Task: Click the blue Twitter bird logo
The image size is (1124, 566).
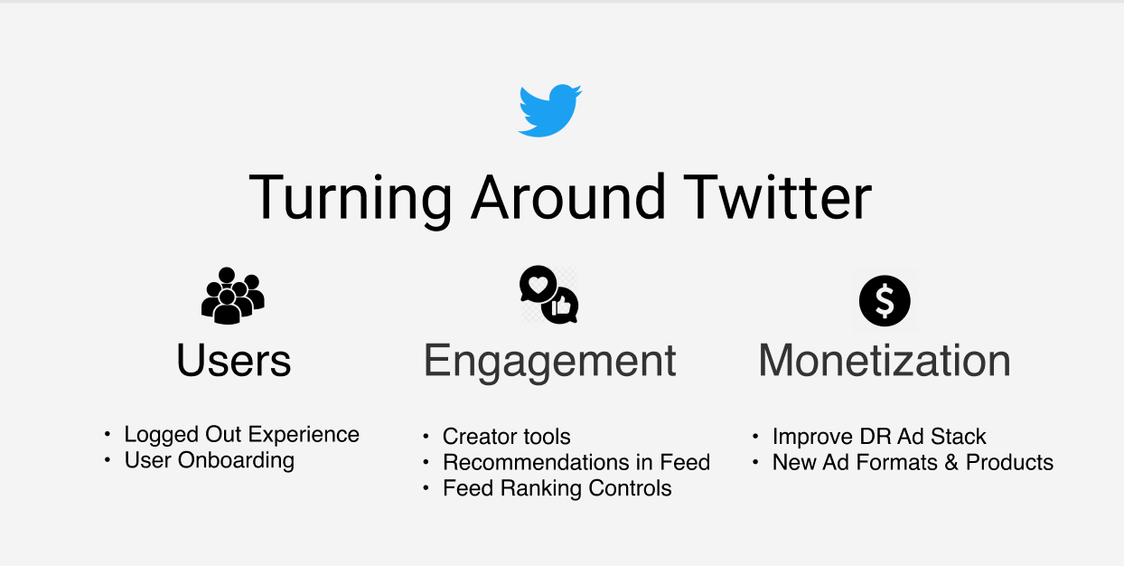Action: pyautogui.click(x=549, y=110)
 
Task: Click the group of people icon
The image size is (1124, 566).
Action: pyautogui.click(x=233, y=296)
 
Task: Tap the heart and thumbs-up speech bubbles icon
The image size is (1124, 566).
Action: pyautogui.click(x=548, y=295)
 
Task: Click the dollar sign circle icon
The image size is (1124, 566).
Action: pyautogui.click(x=884, y=301)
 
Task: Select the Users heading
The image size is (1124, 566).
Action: pyautogui.click(x=234, y=361)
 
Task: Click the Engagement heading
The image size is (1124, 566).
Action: pyautogui.click(x=549, y=361)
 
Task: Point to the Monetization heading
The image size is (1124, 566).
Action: pyautogui.click(x=884, y=361)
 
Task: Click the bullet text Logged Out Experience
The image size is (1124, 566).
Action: pyautogui.click(x=241, y=435)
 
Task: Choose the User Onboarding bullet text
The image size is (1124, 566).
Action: pyautogui.click(x=210, y=460)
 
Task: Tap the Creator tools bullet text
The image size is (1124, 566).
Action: pyautogui.click(x=506, y=438)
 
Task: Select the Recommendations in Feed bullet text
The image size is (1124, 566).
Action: pyautogui.click(x=576, y=463)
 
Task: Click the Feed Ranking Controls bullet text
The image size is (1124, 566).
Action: pyautogui.click(x=557, y=489)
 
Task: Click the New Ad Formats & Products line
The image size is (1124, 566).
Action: pyautogui.click(x=913, y=463)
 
